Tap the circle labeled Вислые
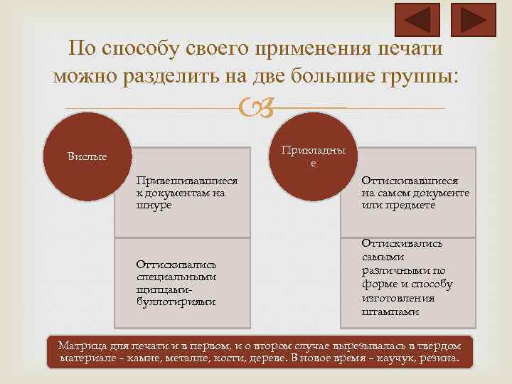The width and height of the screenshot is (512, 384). pos(87,156)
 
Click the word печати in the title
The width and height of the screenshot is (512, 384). pos(406,48)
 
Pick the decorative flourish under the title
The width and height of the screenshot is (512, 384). pos(255,109)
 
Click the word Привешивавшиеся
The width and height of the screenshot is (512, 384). pos(187,181)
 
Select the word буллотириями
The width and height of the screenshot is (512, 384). pos(176,302)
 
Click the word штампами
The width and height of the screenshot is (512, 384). pos(390,311)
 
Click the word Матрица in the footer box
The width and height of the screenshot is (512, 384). pos(82,346)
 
